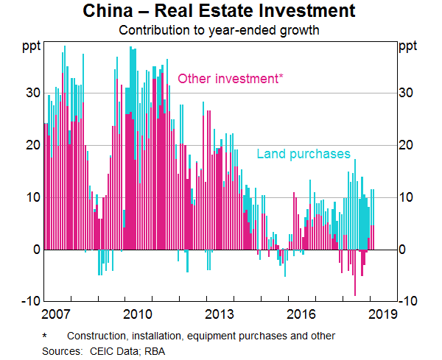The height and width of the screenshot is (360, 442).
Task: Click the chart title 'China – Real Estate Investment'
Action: tap(221, 12)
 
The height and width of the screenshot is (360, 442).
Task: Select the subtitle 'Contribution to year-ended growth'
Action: tap(221, 31)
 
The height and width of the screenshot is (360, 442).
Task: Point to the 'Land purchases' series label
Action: tap(304, 154)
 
